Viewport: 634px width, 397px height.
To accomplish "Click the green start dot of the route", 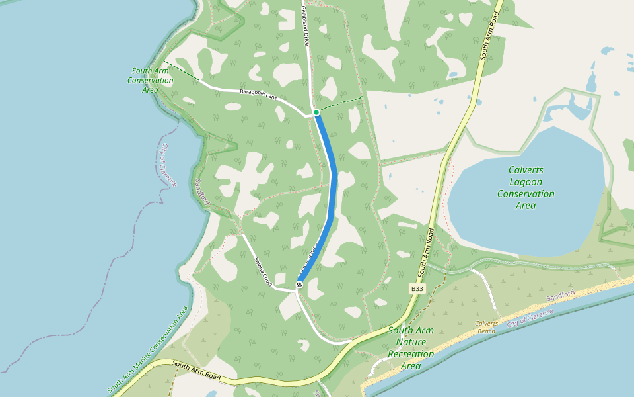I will click(316, 112).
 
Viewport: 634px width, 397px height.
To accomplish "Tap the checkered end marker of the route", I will click(299, 285).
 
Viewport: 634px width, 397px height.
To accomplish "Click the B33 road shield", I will click(417, 288).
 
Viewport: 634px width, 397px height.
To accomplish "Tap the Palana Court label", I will click(264, 271).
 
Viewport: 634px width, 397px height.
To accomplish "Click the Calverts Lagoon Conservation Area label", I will click(526, 188).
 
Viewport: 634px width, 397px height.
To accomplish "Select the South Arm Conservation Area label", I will click(150, 80).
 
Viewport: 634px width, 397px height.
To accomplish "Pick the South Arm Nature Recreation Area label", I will click(411, 347).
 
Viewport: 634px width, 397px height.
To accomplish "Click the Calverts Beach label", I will click(486, 327).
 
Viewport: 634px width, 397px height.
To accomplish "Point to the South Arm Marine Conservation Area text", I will click(148, 349).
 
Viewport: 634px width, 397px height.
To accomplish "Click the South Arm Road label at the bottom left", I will click(195, 369).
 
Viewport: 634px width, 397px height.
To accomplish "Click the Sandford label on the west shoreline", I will click(202, 191).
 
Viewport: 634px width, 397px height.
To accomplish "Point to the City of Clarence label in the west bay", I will click(168, 165).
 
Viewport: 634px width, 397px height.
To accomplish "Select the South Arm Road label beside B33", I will click(427, 252).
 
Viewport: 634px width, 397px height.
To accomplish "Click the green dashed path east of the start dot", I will click(341, 104).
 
